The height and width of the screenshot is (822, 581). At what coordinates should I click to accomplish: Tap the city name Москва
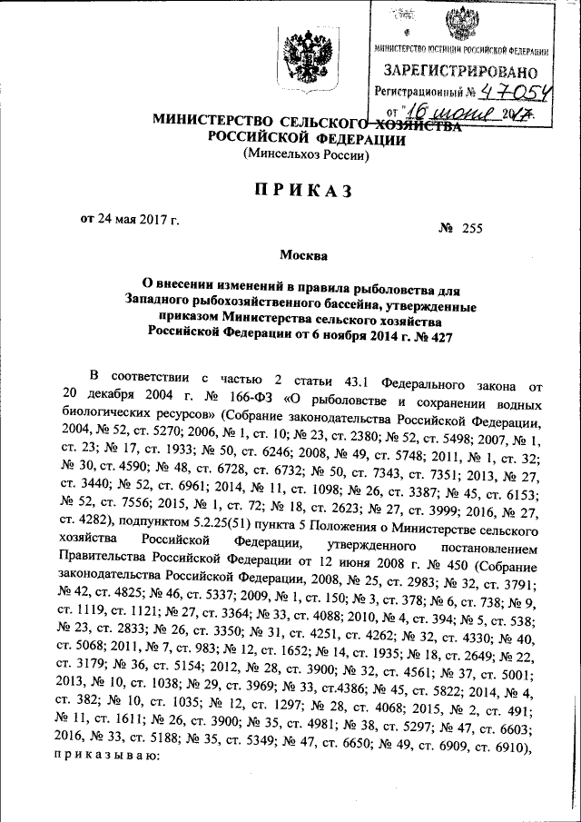pos(301,256)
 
